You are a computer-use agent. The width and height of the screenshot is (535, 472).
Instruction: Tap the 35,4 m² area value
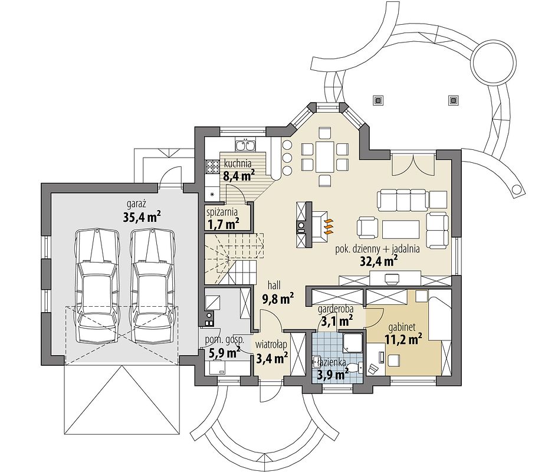pyautogui.click(x=142, y=217)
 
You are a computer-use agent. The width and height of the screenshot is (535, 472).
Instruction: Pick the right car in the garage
pyautogui.click(x=153, y=286)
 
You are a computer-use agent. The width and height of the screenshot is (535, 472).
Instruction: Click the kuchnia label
pyautogui.click(x=238, y=163)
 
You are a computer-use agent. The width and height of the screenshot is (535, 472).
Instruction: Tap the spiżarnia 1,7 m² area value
pyautogui.click(x=223, y=224)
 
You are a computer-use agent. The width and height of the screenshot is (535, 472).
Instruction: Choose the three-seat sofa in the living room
pyautogui.click(x=402, y=199)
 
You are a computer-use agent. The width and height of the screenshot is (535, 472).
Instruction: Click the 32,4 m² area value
pyautogui.click(x=379, y=260)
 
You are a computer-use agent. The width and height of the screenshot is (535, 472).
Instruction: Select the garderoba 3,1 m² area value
pyautogui.click(x=336, y=321)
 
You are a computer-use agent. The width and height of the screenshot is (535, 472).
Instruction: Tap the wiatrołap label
pyautogui.click(x=271, y=344)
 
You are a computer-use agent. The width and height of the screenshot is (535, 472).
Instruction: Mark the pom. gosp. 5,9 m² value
pyautogui.click(x=224, y=353)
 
